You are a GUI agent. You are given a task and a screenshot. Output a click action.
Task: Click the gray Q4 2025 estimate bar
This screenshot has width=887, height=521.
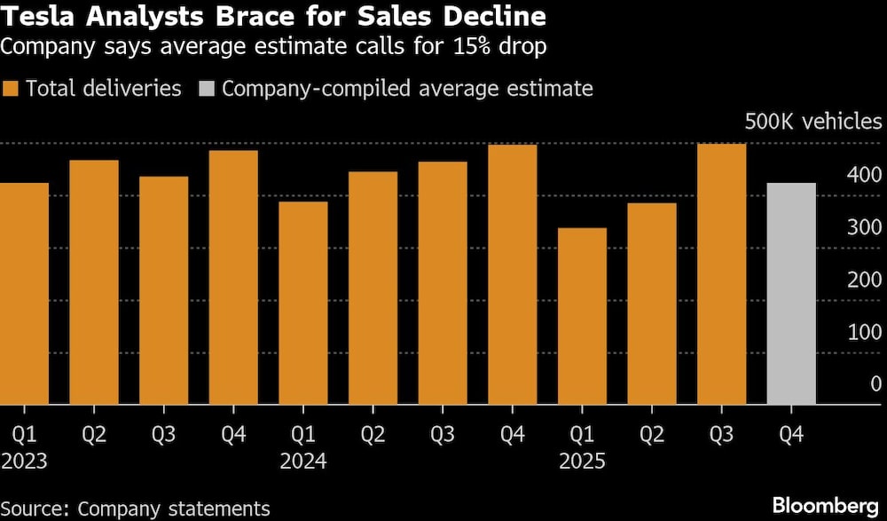click(x=790, y=294)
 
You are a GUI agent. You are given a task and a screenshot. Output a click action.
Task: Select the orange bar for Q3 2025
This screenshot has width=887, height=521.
click(x=721, y=274)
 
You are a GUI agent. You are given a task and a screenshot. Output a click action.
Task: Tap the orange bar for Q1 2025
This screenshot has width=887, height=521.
click(x=582, y=317)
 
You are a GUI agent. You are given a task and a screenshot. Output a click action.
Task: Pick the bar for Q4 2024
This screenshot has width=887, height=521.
click(x=512, y=274)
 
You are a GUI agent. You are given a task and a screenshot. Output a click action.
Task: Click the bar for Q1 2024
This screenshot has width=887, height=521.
click(x=302, y=304)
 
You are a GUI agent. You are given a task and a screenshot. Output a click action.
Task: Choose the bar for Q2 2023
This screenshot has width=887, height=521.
click(x=93, y=282)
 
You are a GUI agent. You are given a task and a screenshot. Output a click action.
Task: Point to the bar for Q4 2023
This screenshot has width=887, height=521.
click(x=233, y=278)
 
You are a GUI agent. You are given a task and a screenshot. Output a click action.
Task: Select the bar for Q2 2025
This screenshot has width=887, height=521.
click(x=651, y=304)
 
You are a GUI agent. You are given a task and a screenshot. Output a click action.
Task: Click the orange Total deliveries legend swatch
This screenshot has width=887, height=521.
click(x=11, y=89)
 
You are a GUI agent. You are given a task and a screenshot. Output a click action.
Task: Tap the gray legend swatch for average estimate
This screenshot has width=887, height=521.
click(x=206, y=89)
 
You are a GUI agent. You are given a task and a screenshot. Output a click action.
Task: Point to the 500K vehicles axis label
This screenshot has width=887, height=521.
click(x=812, y=122)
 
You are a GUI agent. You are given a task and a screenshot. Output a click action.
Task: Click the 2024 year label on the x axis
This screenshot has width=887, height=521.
click(x=302, y=462)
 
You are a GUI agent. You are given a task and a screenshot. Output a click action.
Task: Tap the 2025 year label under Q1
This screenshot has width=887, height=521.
click(x=582, y=462)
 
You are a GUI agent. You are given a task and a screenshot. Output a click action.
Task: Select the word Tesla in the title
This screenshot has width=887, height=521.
click(x=35, y=17)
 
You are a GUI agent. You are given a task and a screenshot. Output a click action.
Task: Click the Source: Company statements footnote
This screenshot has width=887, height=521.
click(x=136, y=508)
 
